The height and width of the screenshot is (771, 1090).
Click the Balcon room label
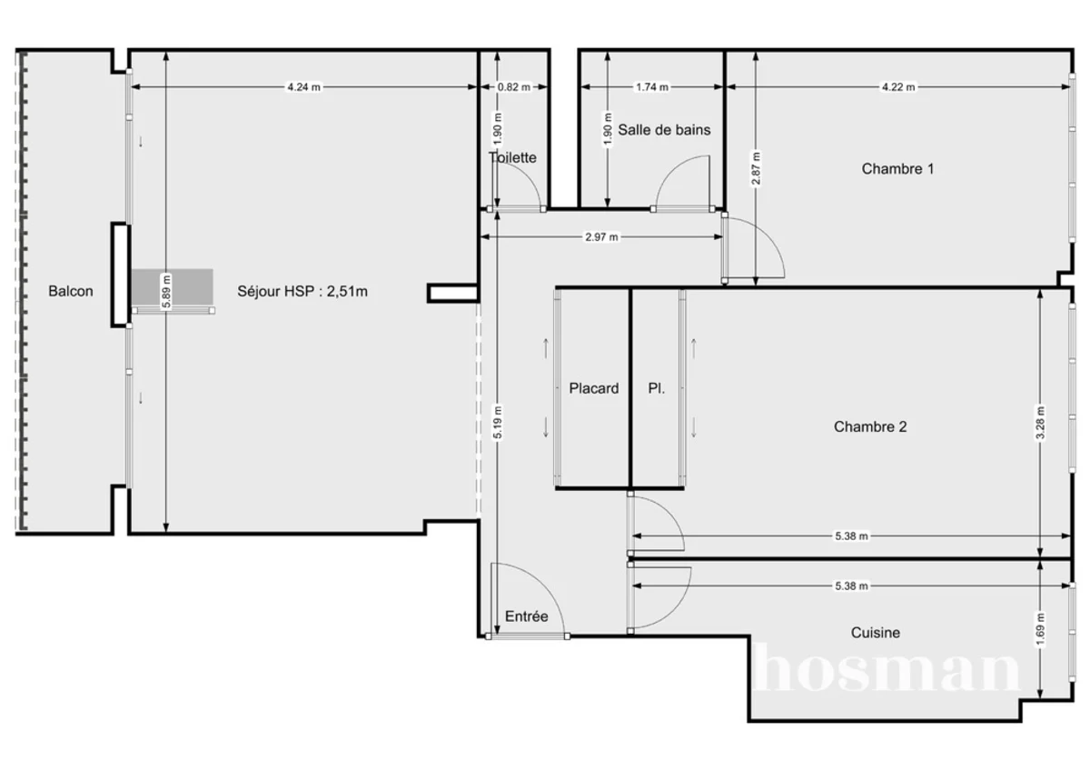pyautogui.click(x=70, y=292)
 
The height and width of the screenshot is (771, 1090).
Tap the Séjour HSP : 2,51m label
pyautogui.click(x=302, y=292)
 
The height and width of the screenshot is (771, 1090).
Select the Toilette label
pyautogui.click(x=513, y=157)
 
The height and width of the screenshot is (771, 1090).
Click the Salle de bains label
pyautogui.click(x=664, y=130)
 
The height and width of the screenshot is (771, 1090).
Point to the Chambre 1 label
pyautogui.click(x=897, y=168)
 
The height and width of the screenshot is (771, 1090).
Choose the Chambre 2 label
pyautogui.click(x=869, y=426)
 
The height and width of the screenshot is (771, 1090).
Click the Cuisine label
pyautogui.click(x=876, y=633)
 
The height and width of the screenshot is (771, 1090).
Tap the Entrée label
pyautogui.click(x=527, y=616)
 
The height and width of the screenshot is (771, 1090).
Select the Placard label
pyautogui.click(x=594, y=388)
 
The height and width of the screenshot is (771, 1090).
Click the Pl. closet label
pyautogui.click(x=656, y=388)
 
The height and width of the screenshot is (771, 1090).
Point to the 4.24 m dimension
pyautogui.click(x=303, y=87)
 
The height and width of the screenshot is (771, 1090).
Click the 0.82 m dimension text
pyautogui.click(x=513, y=87)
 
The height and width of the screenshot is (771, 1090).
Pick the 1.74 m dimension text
pyautogui.click(x=652, y=87)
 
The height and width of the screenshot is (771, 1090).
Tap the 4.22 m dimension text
pyautogui.click(x=898, y=87)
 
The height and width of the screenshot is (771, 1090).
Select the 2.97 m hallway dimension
pyautogui.click(x=601, y=237)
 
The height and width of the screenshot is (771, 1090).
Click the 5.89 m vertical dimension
pyautogui.click(x=165, y=291)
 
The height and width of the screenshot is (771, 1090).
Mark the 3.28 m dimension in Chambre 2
pyautogui.click(x=1041, y=422)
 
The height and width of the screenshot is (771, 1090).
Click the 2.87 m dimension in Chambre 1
pyautogui.click(x=756, y=168)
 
